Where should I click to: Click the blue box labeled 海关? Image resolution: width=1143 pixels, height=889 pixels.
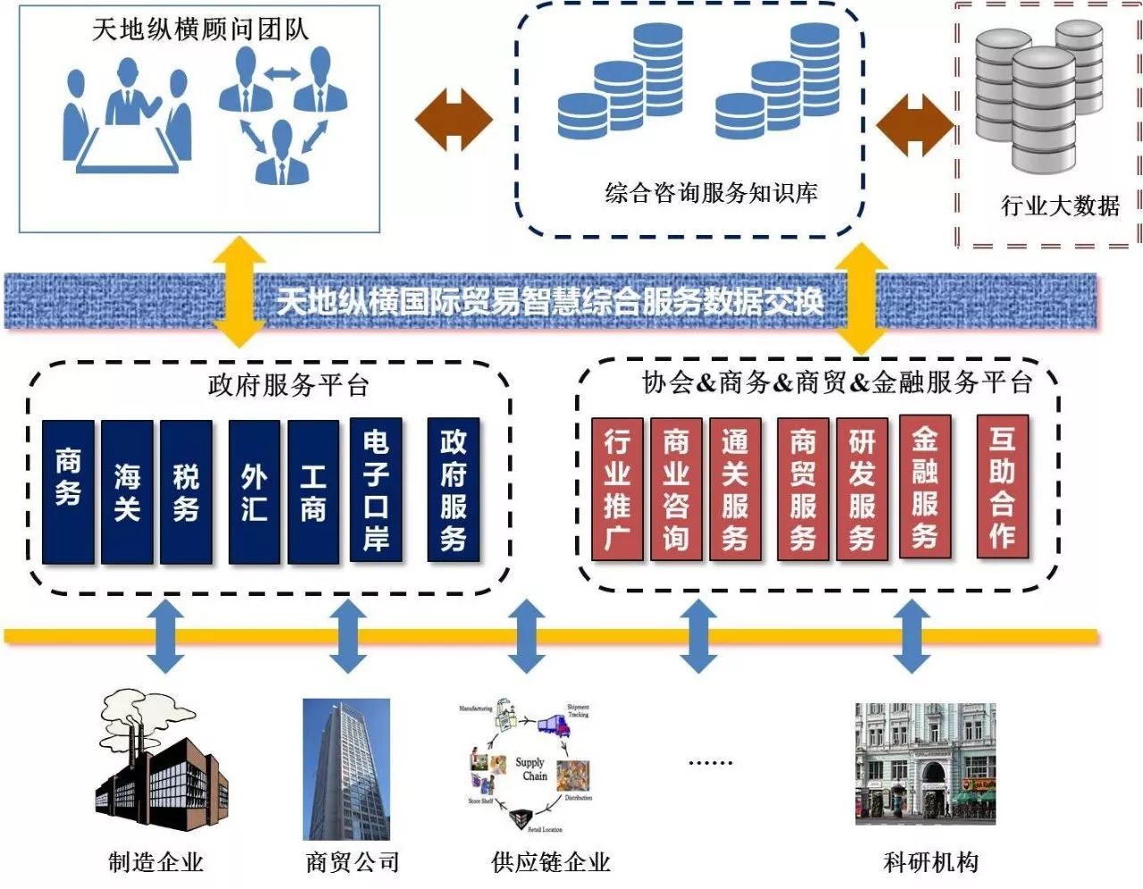[x=127, y=492]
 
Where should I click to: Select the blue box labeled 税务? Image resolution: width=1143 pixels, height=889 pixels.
[x=186, y=492]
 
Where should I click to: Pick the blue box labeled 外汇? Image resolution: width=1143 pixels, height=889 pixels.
[x=254, y=492]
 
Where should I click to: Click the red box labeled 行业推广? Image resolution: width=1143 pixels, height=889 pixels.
[x=617, y=490]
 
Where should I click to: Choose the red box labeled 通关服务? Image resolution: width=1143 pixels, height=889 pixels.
[x=735, y=490]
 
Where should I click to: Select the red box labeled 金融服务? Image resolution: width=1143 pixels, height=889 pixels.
[x=924, y=487]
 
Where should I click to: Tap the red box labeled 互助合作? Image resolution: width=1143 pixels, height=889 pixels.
[x=1002, y=487]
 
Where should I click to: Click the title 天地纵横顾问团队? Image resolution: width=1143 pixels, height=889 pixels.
[x=200, y=29]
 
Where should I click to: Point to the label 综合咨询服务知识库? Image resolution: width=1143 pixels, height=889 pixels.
[x=711, y=193]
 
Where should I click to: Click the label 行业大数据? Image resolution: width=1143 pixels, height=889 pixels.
[x=1060, y=206]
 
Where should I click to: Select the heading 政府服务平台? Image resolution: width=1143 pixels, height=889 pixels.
[x=288, y=386]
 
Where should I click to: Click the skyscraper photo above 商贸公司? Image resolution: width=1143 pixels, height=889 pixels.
[x=346, y=768]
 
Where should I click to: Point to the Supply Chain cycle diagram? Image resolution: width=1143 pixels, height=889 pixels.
[x=529, y=768]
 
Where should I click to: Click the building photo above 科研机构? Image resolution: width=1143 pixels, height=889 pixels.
[x=925, y=764]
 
